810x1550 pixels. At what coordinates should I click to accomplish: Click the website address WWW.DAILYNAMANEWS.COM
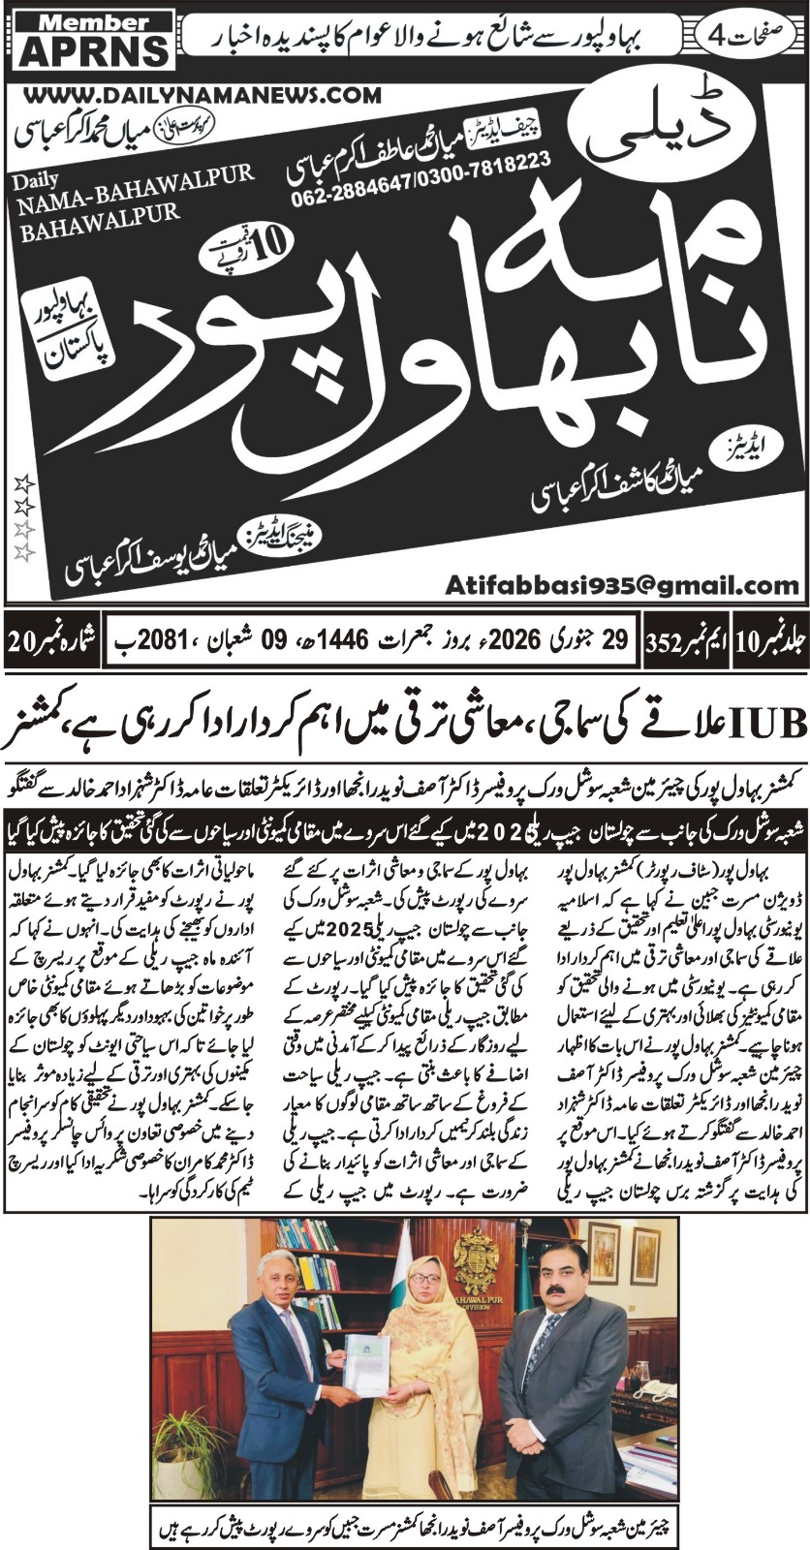click(200, 95)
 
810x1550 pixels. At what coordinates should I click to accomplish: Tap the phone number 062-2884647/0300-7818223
click(421, 182)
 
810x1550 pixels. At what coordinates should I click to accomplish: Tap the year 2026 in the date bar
click(512, 639)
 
